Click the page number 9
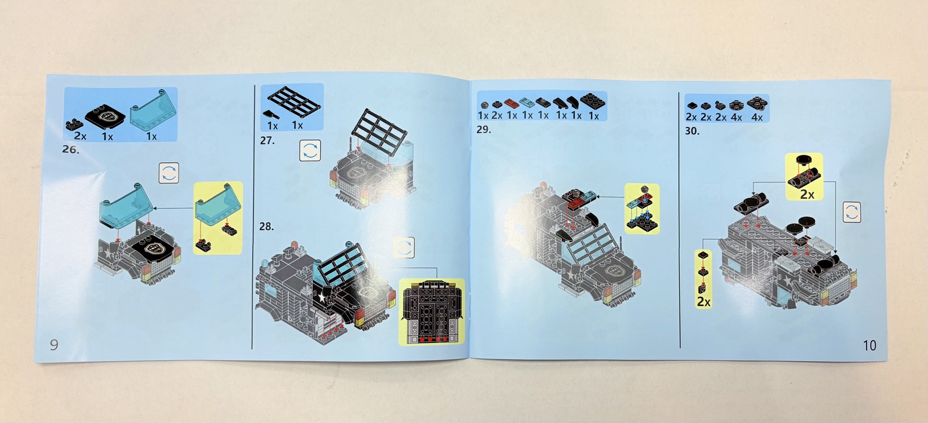click(x=55, y=344)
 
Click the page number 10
click(x=869, y=345)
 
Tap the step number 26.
click(x=70, y=149)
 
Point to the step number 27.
click(x=267, y=141)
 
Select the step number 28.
click(x=266, y=227)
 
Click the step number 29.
click(x=484, y=130)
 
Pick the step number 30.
click(x=692, y=131)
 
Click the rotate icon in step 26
click(x=169, y=173)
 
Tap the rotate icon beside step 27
click(x=310, y=150)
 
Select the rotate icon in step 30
click(x=852, y=212)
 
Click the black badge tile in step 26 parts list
click(x=105, y=116)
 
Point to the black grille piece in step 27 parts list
click(x=294, y=101)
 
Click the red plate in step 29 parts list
click(x=512, y=103)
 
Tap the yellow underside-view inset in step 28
click(x=432, y=312)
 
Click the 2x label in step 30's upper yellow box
click(x=807, y=194)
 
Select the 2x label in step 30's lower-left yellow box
click(x=704, y=301)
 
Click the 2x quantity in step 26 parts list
click(x=80, y=136)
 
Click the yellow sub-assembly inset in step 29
click(x=641, y=209)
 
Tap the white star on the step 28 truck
click(x=321, y=296)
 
